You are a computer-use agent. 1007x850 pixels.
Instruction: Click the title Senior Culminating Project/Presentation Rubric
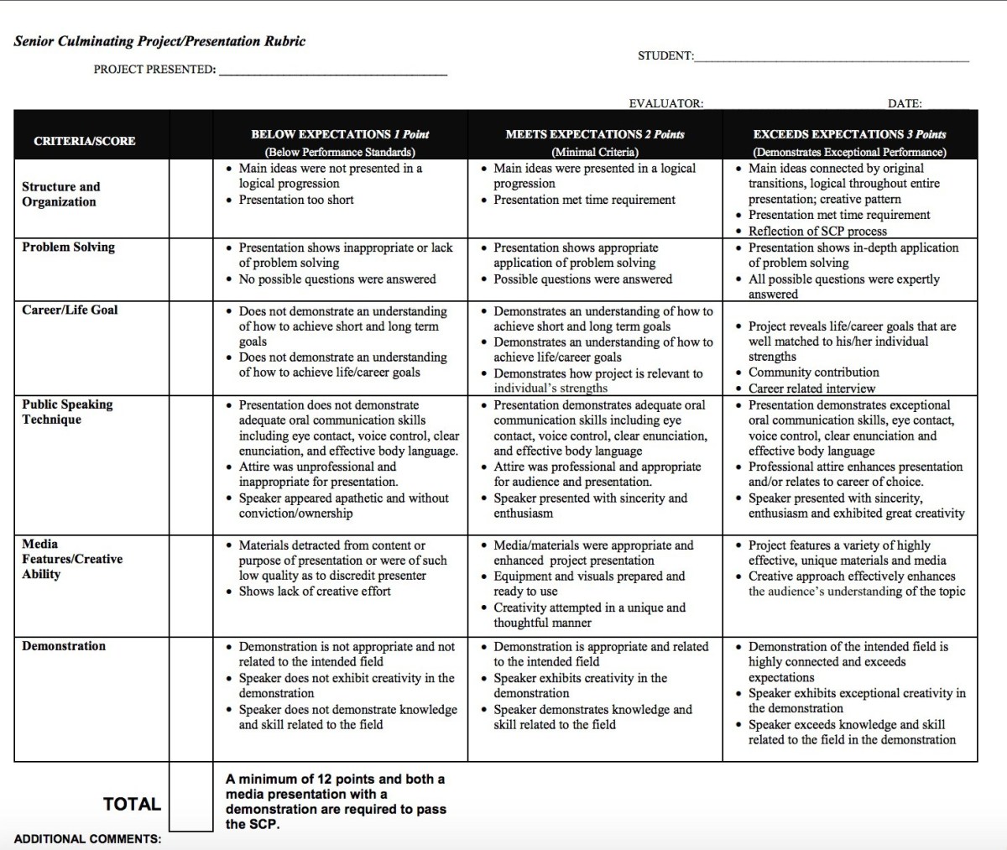159,40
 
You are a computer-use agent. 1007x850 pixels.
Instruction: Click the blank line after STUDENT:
831,59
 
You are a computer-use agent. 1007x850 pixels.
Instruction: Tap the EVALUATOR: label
665,104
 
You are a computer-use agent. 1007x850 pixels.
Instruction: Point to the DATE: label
905,104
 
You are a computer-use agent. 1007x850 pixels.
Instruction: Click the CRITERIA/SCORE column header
84,141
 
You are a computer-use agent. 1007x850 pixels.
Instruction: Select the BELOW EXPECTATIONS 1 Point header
340,134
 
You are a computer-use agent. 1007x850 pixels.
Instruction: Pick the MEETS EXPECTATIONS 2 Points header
594,134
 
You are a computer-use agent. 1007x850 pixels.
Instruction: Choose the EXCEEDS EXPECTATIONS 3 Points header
849,134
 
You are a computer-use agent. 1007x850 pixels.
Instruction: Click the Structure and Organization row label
60,194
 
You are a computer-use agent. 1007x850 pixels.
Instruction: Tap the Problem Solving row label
68,247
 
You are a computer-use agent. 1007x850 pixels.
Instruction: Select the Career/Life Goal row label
70,310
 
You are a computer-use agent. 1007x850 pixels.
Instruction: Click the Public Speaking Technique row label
67,411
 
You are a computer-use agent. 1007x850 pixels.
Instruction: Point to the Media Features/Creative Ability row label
71,559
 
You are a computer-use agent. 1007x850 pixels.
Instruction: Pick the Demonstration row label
64,646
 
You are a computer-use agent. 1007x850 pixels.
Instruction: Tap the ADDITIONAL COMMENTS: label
87,839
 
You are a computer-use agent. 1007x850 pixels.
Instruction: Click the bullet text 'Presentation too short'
295,200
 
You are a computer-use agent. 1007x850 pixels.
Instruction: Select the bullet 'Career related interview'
811,388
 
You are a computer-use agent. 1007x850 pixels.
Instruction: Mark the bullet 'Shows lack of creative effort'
314,591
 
